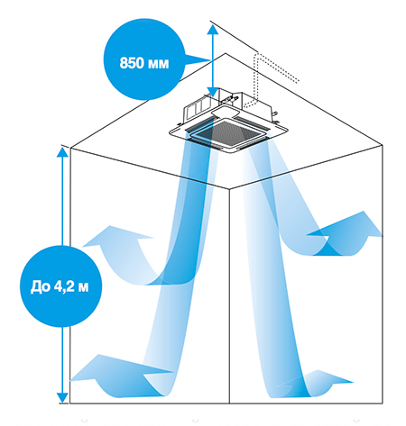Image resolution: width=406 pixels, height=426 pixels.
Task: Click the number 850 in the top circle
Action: (131, 63)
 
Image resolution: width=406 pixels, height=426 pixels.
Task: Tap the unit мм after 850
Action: (158, 64)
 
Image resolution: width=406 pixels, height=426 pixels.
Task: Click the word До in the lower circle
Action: (41, 286)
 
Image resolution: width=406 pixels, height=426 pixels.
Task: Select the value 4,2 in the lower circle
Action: (64, 287)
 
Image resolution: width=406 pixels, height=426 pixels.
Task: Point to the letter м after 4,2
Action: (83, 288)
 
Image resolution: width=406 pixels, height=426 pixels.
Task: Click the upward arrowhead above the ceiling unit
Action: (213, 30)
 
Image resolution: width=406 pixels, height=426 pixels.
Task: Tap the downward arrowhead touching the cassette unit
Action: (213, 92)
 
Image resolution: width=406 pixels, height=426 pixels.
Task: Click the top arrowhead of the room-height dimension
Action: (62, 152)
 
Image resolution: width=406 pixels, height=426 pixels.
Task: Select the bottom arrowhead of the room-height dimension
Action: (62, 397)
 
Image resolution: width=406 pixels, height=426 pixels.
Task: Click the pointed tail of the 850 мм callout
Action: (197, 60)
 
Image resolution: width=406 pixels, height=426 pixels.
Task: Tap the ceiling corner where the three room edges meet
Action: (229, 189)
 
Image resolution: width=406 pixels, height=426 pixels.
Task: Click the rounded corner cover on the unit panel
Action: (226, 112)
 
